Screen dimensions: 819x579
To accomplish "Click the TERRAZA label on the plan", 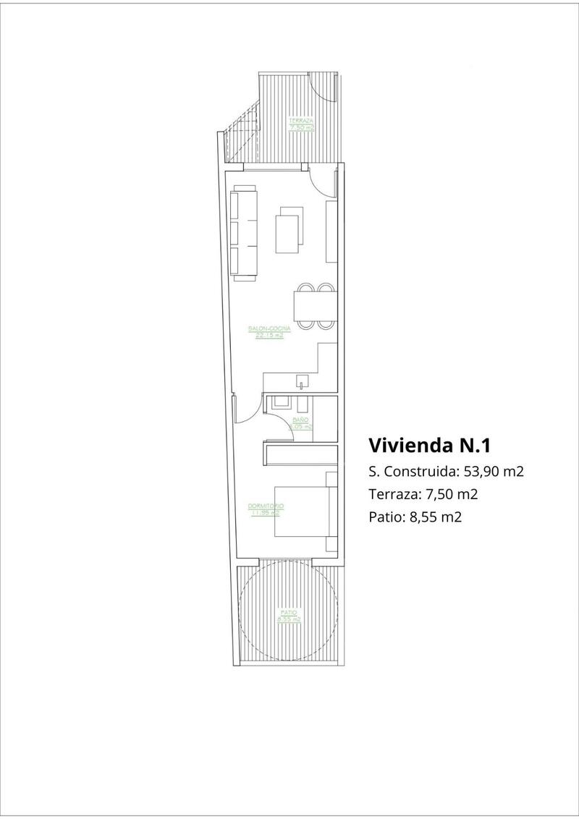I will [300, 124].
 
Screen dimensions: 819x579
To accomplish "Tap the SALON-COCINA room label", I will [264, 332].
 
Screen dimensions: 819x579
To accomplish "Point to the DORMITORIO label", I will [265, 509].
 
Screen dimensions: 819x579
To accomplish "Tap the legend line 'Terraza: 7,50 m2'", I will [423, 494].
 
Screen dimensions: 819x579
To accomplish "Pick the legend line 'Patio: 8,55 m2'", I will [415, 517].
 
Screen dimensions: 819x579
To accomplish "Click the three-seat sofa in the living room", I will [245, 232].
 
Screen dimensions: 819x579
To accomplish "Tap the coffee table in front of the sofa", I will [291, 229].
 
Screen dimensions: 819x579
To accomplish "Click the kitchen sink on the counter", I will [300, 381].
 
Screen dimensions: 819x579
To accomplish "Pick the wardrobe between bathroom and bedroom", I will [300, 455].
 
